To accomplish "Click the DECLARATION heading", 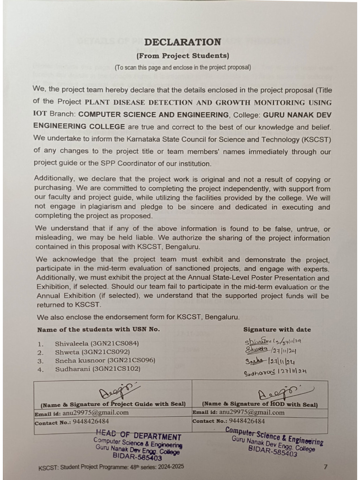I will pos(182,42).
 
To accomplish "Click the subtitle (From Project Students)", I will pos(182,56).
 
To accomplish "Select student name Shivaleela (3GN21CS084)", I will pos(97,343).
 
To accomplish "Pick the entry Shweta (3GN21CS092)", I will pos(92,352).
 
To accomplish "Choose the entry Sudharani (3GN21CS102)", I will pos(96,369).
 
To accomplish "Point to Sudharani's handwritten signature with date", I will pos(275,372).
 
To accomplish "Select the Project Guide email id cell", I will pos(112,413).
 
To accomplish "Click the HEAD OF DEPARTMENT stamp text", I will pos(138,436).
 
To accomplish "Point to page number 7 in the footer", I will pos(326,466).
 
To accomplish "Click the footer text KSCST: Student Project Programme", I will pos(111,467).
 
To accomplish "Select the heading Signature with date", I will pos(277,330).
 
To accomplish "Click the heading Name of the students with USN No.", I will pos(98,330).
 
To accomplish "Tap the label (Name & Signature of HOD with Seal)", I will pos(260,404).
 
